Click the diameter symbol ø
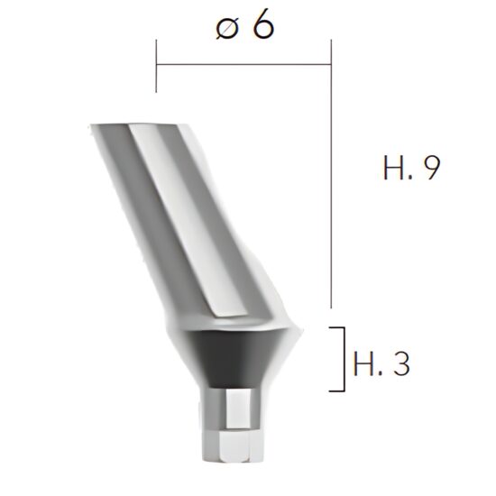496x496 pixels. pos(226,28)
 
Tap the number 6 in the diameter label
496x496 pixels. pos(262,25)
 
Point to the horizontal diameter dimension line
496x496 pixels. pos(243,65)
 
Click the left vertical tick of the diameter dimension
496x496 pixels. pos(156,67)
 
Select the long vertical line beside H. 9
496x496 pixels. pos(332,180)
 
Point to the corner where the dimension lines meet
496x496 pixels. pos(332,65)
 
